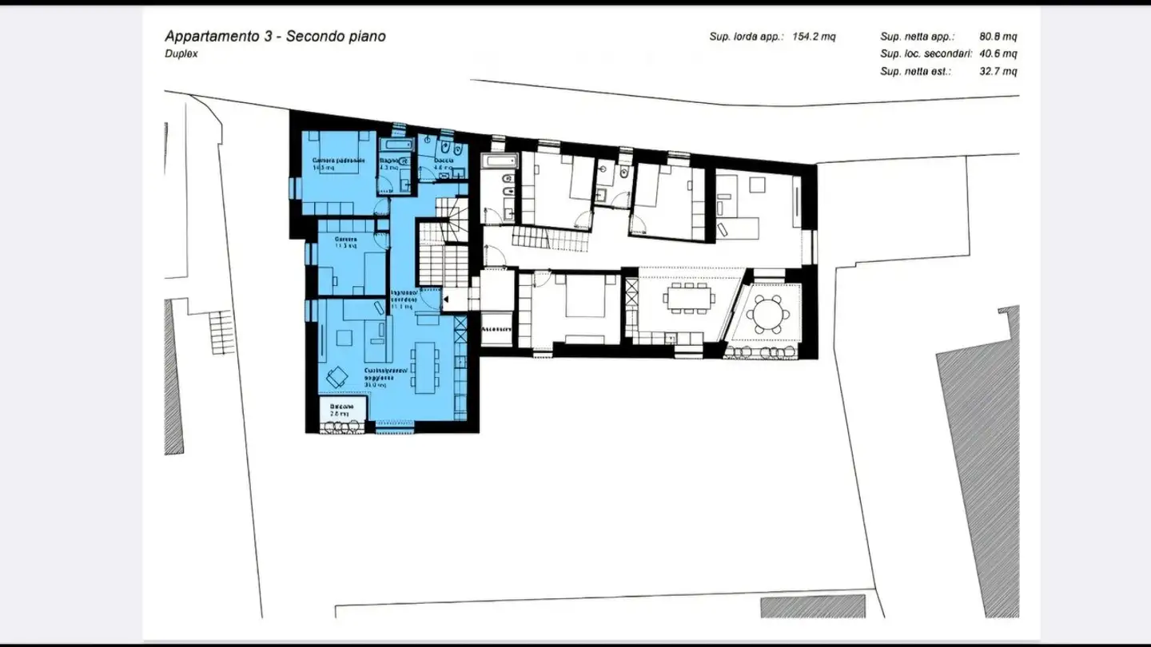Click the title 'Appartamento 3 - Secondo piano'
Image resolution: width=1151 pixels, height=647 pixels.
pyautogui.click(x=275, y=36)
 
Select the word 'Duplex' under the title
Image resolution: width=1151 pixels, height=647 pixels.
pyautogui.click(x=181, y=54)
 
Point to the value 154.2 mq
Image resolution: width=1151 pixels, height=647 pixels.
pyautogui.click(x=814, y=37)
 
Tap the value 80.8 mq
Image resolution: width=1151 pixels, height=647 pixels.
pyautogui.click(x=998, y=37)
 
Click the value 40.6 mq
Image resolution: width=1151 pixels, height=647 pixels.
pyautogui.click(x=998, y=54)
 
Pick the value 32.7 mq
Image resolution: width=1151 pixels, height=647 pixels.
pyautogui.click(x=998, y=72)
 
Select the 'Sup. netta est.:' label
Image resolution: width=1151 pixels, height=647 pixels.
pyautogui.click(x=915, y=72)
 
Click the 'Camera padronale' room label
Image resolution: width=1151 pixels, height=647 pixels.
pyautogui.click(x=333, y=161)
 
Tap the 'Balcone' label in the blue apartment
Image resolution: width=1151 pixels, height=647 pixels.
pyautogui.click(x=341, y=407)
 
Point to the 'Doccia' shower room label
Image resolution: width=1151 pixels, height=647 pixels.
pyautogui.click(x=444, y=161)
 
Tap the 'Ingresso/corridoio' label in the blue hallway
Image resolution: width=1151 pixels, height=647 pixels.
pyautogui.click(x=403, y=296)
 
